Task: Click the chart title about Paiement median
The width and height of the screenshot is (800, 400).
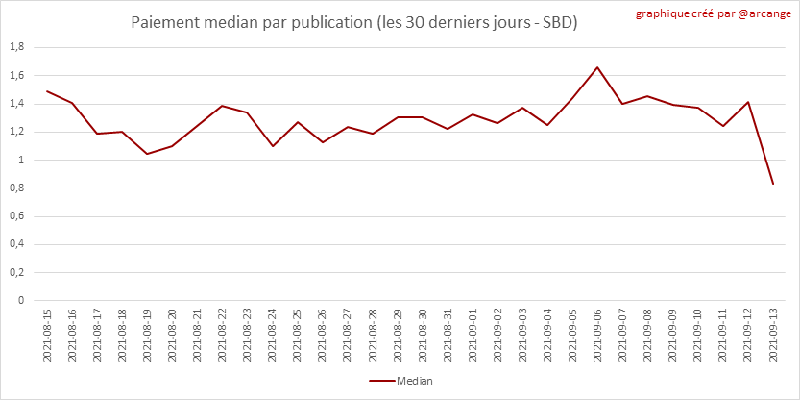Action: pyautogui.click(x=354, y=21)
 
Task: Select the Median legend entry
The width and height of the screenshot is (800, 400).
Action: pyautogui.click(x=400, y=382)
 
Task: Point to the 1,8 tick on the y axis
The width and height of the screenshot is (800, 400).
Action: pyautogui.click(x=16, y=47)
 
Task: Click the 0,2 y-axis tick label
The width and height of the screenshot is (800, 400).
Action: pyautogui.click(x=16, y=272)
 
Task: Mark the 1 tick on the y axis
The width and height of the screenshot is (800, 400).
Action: pyautogui.click(x=20, y=160)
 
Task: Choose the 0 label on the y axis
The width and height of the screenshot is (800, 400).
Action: pyautogui.click(x=20, y=300)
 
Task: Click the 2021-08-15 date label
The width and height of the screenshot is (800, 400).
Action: pyautogui.click(x=47, y=336)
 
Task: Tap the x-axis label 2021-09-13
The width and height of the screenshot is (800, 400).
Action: pyautogui.click(x=773, y=336)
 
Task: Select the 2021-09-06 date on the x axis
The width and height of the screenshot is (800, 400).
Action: pyautogui.click(x=597, y=336)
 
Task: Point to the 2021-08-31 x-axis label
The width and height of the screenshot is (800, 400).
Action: pyautogui.click(x=448, y=336)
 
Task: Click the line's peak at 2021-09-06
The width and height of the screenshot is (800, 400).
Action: pyautogui.click(x=597, y=67)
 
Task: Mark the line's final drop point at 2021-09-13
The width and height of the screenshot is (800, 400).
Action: pyautogui.click(x=773, y=184)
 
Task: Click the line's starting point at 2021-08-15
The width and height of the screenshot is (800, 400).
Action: pyautogui.click(x=47, y=91)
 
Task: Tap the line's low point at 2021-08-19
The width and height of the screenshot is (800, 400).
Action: pyautogui.click(x=147, y=154)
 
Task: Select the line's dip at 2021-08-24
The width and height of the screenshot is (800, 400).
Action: pyautogui.click(x=273, y=146)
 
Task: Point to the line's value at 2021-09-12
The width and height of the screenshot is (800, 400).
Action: pyautogui.click(x=748, y=102)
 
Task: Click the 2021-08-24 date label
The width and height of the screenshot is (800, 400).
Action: pyautogui.click(x=273, y=336)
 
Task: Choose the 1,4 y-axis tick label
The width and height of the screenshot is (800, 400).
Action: pyautogui.click(x=16, y=104)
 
